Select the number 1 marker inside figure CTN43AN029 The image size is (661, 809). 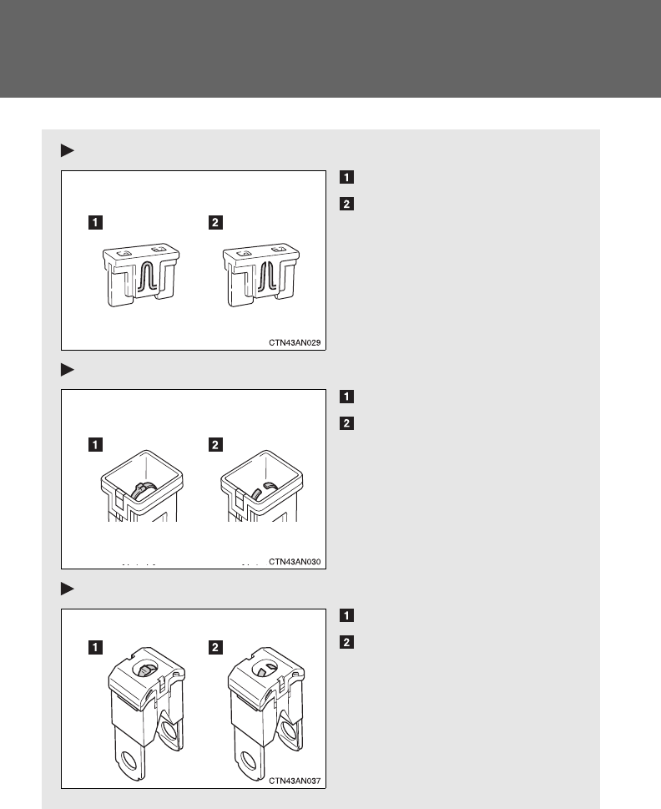pos(98,223)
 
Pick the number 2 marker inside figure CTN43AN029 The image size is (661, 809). pos(216,223)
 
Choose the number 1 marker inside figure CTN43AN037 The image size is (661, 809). pos(98,645)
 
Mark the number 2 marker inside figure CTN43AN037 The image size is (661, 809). pos(216,645)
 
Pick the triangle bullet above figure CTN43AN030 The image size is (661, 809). pos(68,369)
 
